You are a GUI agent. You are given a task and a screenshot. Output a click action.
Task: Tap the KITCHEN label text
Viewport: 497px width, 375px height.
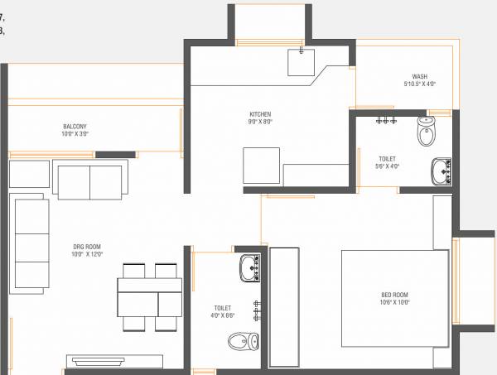pos(261,114)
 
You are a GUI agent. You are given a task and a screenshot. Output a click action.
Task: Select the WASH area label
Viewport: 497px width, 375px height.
pos(419,76)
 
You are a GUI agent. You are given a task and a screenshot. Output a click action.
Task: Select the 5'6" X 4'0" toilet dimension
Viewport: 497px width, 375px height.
pos(388,166)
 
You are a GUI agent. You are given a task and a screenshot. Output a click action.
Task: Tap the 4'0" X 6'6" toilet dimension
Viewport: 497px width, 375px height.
pos(221,315)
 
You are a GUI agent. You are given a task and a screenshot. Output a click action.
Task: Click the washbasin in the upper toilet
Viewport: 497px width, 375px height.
pos(440,171)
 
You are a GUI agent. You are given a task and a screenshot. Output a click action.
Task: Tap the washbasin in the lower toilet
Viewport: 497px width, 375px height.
pos(248,267)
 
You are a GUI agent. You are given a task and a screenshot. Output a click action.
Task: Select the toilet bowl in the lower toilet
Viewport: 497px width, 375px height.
pos(242,339)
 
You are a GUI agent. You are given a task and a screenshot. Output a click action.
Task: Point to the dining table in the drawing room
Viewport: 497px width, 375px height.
pos(149,296)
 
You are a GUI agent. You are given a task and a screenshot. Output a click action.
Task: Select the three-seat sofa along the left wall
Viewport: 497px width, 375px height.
pos(31,240)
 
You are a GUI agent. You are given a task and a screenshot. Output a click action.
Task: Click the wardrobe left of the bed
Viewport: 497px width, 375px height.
pos(286,305)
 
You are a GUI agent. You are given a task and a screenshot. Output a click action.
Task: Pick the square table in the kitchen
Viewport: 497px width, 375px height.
pos(261,166)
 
